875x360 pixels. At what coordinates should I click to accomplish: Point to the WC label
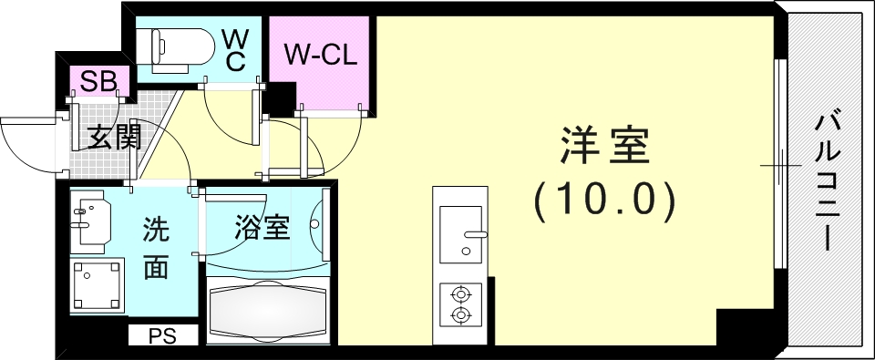coord(235,48)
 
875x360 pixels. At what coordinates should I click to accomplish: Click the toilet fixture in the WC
coord(169,46)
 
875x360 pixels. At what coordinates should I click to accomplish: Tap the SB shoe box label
coord(98,80)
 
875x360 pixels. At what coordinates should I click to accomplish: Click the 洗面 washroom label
coord(156,249)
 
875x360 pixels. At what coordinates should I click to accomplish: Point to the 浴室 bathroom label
coord(262,227)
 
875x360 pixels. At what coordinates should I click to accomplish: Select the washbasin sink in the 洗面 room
coord(90,221)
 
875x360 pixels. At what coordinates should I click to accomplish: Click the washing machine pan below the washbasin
coord(98,285)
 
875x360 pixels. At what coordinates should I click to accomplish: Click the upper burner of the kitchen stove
coord(461,294)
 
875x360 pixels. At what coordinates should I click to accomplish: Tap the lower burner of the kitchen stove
coord(461,315)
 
